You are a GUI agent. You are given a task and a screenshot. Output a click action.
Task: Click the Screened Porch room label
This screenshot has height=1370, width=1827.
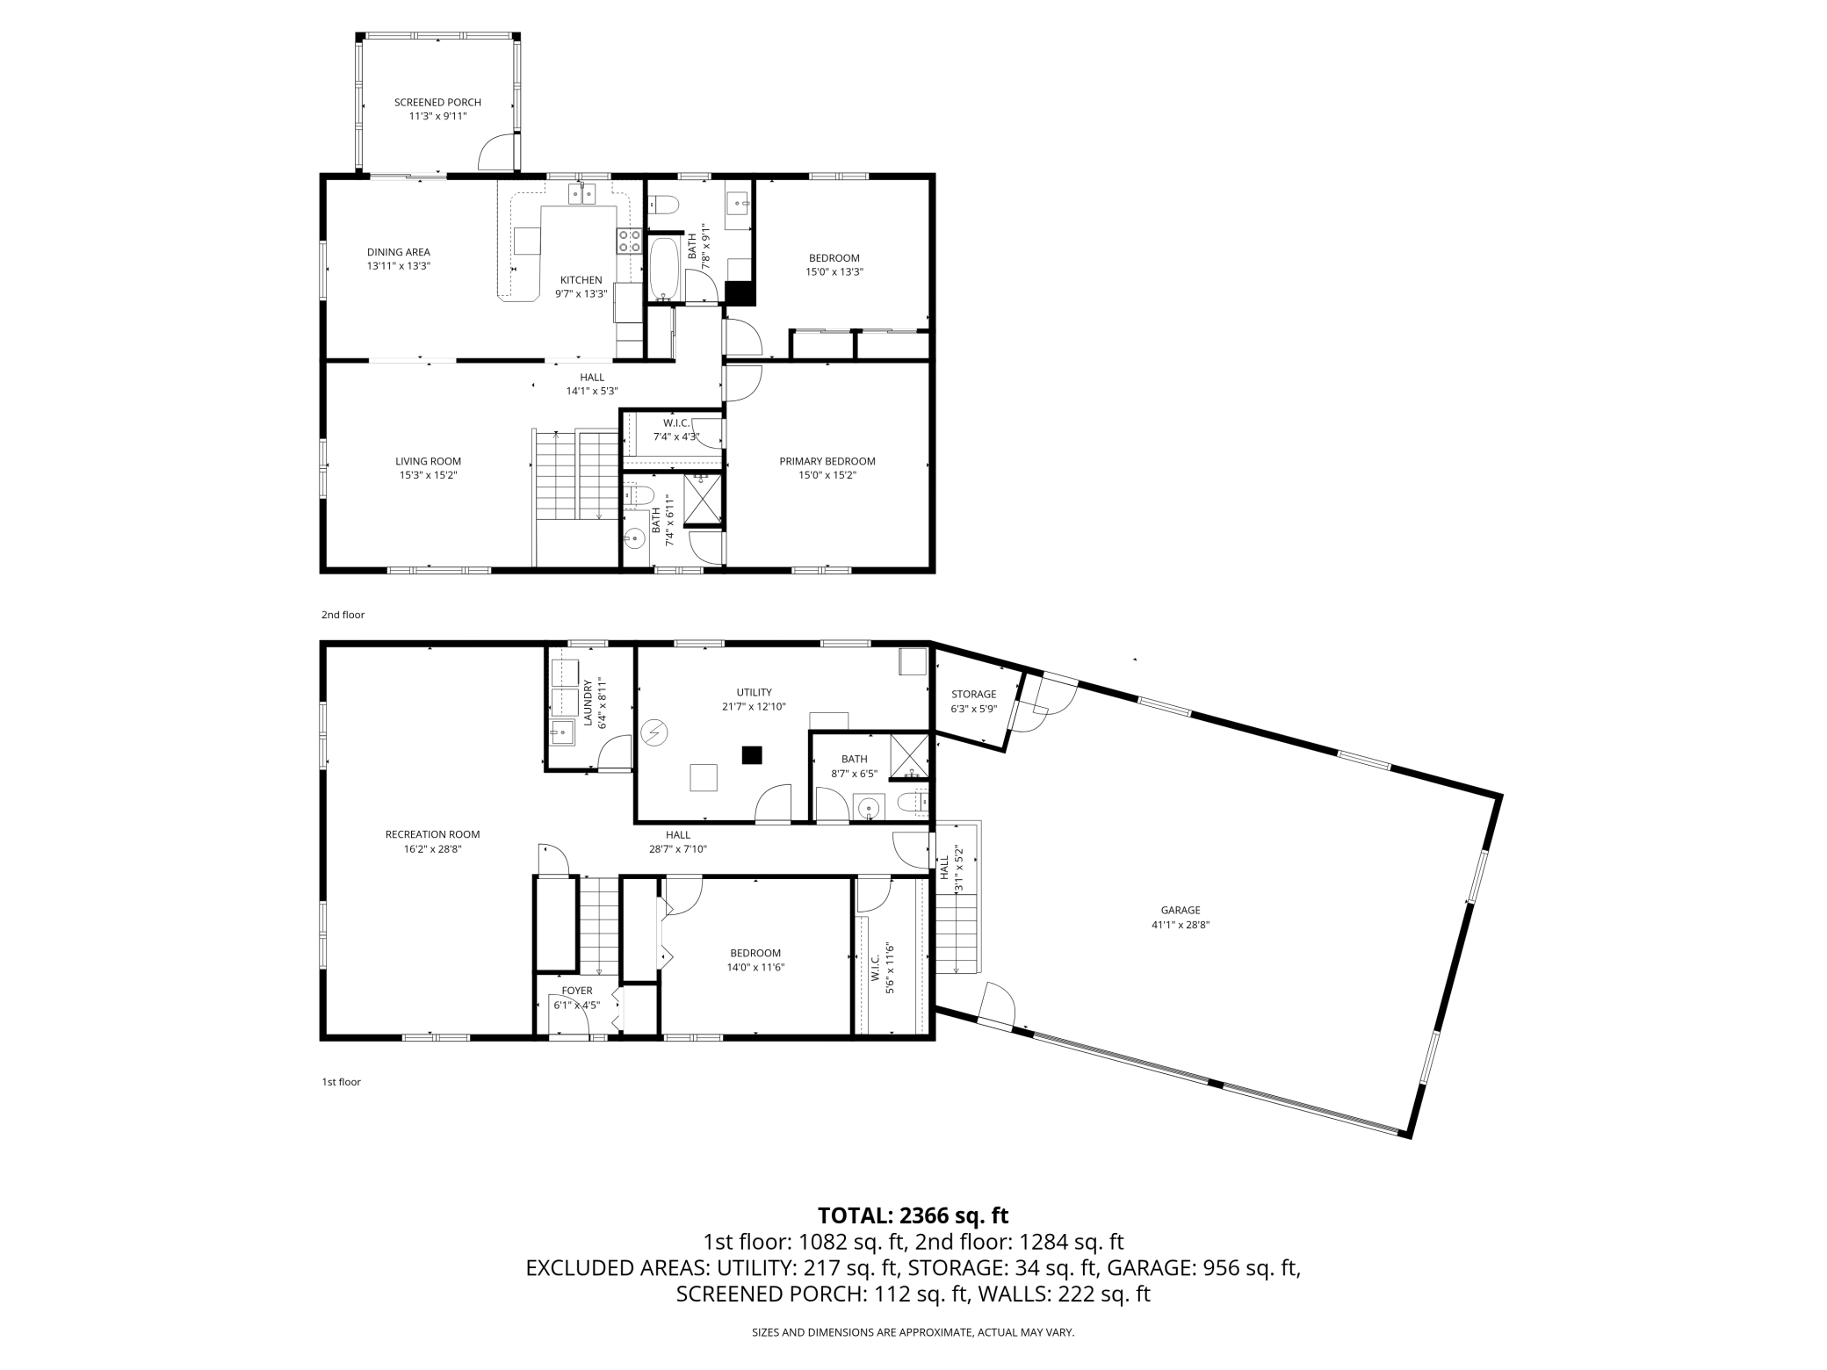click(437, 103)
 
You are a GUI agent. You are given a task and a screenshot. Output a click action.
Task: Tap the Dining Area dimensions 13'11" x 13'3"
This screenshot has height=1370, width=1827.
click(399, 265)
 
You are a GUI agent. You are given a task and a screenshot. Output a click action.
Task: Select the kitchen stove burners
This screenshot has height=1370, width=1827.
click(628, 241)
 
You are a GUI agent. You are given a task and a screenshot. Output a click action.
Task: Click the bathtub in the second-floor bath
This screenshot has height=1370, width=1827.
click(663, 268)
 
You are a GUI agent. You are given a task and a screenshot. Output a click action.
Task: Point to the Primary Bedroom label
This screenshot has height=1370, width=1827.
click(827, 461)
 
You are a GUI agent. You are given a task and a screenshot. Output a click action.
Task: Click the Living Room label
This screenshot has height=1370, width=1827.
click(428, 461)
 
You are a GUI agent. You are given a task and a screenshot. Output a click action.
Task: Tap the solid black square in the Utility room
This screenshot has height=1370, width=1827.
click(751, 754)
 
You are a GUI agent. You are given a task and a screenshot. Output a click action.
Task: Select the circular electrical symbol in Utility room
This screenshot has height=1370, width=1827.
click(654, 732)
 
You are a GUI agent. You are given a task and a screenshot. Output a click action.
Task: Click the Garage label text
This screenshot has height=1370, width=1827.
click(1181, 910)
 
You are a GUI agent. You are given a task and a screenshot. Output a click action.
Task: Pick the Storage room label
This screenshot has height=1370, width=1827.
click(973, 694)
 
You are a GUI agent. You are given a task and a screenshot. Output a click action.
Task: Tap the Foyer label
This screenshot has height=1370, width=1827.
click(577, 991)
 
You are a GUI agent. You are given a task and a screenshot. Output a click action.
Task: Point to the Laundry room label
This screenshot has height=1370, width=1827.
click(589, 703)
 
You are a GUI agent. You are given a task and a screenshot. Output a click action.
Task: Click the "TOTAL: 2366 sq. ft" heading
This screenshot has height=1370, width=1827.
click(913, 1215)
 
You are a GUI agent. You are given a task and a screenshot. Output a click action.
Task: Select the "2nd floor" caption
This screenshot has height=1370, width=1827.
click(343, 615)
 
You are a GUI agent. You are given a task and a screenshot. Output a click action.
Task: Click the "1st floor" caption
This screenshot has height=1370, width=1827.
click(341, 1082)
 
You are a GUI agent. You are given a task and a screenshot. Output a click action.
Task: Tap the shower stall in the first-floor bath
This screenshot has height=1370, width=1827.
click(909, 755)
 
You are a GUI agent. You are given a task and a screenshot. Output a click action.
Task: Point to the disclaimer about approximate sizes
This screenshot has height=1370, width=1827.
click(913, 1332)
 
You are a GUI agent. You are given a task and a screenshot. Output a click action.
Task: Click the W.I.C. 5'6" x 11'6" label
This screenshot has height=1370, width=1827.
click(883, 968)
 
